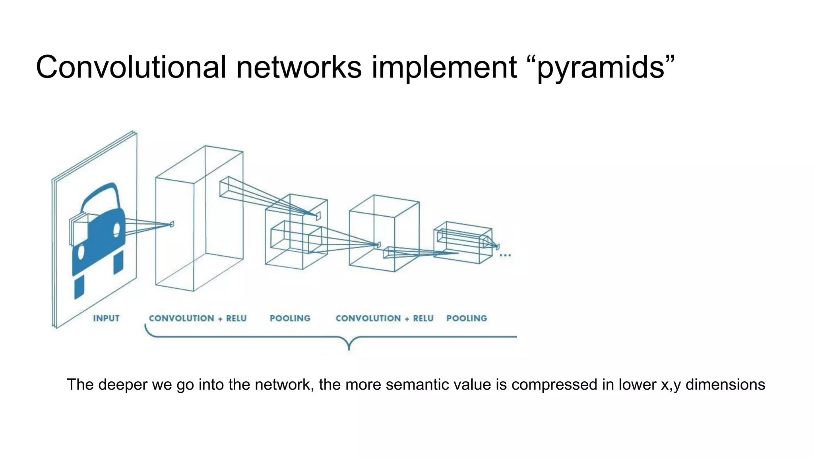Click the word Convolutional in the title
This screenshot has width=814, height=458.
click(131, 67)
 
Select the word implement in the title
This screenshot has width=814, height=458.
click(444, 68)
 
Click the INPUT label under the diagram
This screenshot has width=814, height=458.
click(106, 318)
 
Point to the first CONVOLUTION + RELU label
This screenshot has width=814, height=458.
click(198, 318)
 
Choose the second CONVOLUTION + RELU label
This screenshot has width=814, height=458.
click(384, 318)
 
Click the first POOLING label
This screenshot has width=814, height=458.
click(290, 318)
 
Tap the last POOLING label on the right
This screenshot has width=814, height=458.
click(467, 318)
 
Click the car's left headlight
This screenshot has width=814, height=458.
click(81, 252)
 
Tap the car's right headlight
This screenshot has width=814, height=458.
click(117, 229)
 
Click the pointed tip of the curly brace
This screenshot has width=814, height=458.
click(349, 349)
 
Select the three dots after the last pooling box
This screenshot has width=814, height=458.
click(505, 255)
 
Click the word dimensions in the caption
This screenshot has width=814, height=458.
click(725, 385)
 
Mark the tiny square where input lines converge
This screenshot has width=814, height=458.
click(172, 224)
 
